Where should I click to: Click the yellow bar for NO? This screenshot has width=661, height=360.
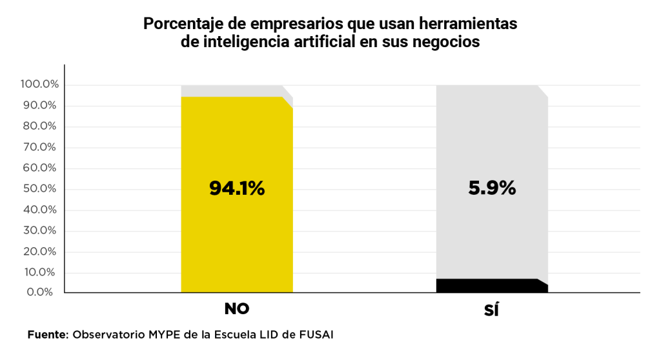(x=236, y=245)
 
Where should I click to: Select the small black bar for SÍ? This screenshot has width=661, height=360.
(x=491, y=286)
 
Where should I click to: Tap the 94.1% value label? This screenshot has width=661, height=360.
(x=236, y=188)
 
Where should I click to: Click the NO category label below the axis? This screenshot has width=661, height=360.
(x=236, y=309)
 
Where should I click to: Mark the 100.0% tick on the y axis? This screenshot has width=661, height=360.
(x=39, y=85)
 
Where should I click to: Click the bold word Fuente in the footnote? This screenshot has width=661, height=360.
(x=47, y=335)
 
